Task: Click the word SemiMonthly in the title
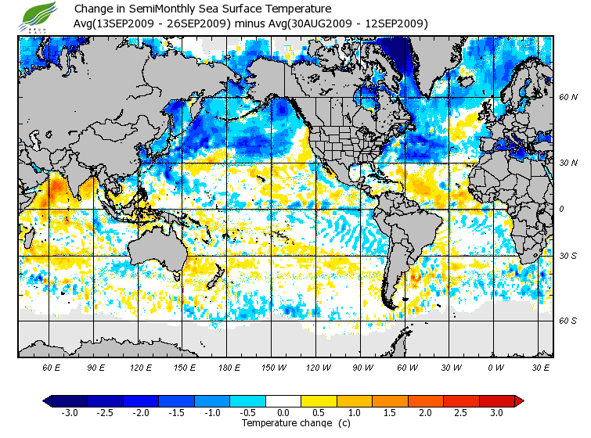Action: [156, 9]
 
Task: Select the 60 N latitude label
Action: [568, 98]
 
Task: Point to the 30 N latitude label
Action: [568, 163]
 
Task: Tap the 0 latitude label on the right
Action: [561, 209]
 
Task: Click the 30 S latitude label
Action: [568, 256]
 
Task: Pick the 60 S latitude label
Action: [568, 320]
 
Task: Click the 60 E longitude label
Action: [52, 367]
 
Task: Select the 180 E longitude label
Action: [229, 367]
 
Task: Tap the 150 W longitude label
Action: [273, 367]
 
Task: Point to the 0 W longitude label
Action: [496, 367]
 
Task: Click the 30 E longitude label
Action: [540, 367]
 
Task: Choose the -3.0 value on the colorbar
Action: [70, 412]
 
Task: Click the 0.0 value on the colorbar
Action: [283, 412]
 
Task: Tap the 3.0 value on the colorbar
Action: [496, 412]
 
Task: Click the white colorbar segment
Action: [283, 400]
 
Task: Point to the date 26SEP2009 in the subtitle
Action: [196, 23]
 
